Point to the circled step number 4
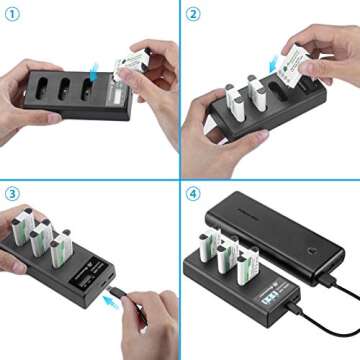193,193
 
